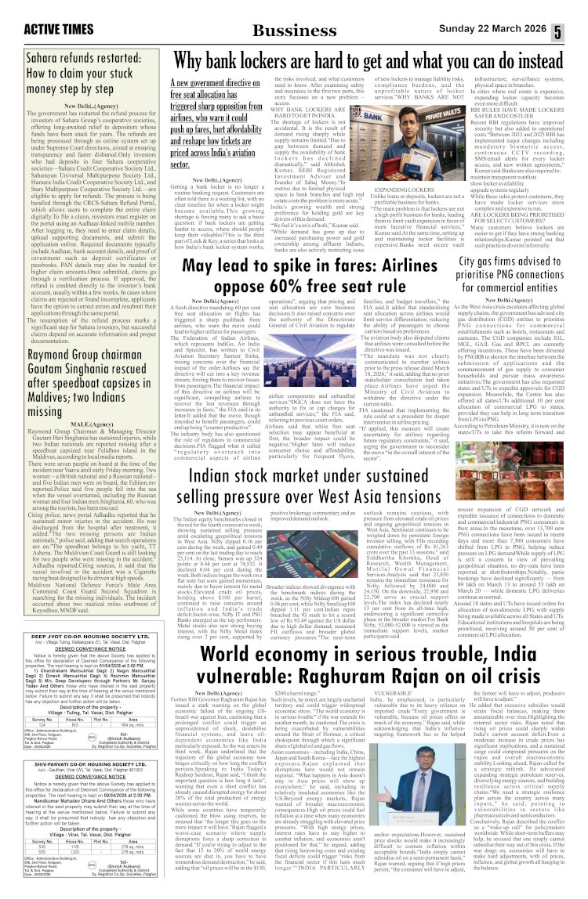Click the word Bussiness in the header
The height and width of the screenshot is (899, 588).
(x=294, y=31)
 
